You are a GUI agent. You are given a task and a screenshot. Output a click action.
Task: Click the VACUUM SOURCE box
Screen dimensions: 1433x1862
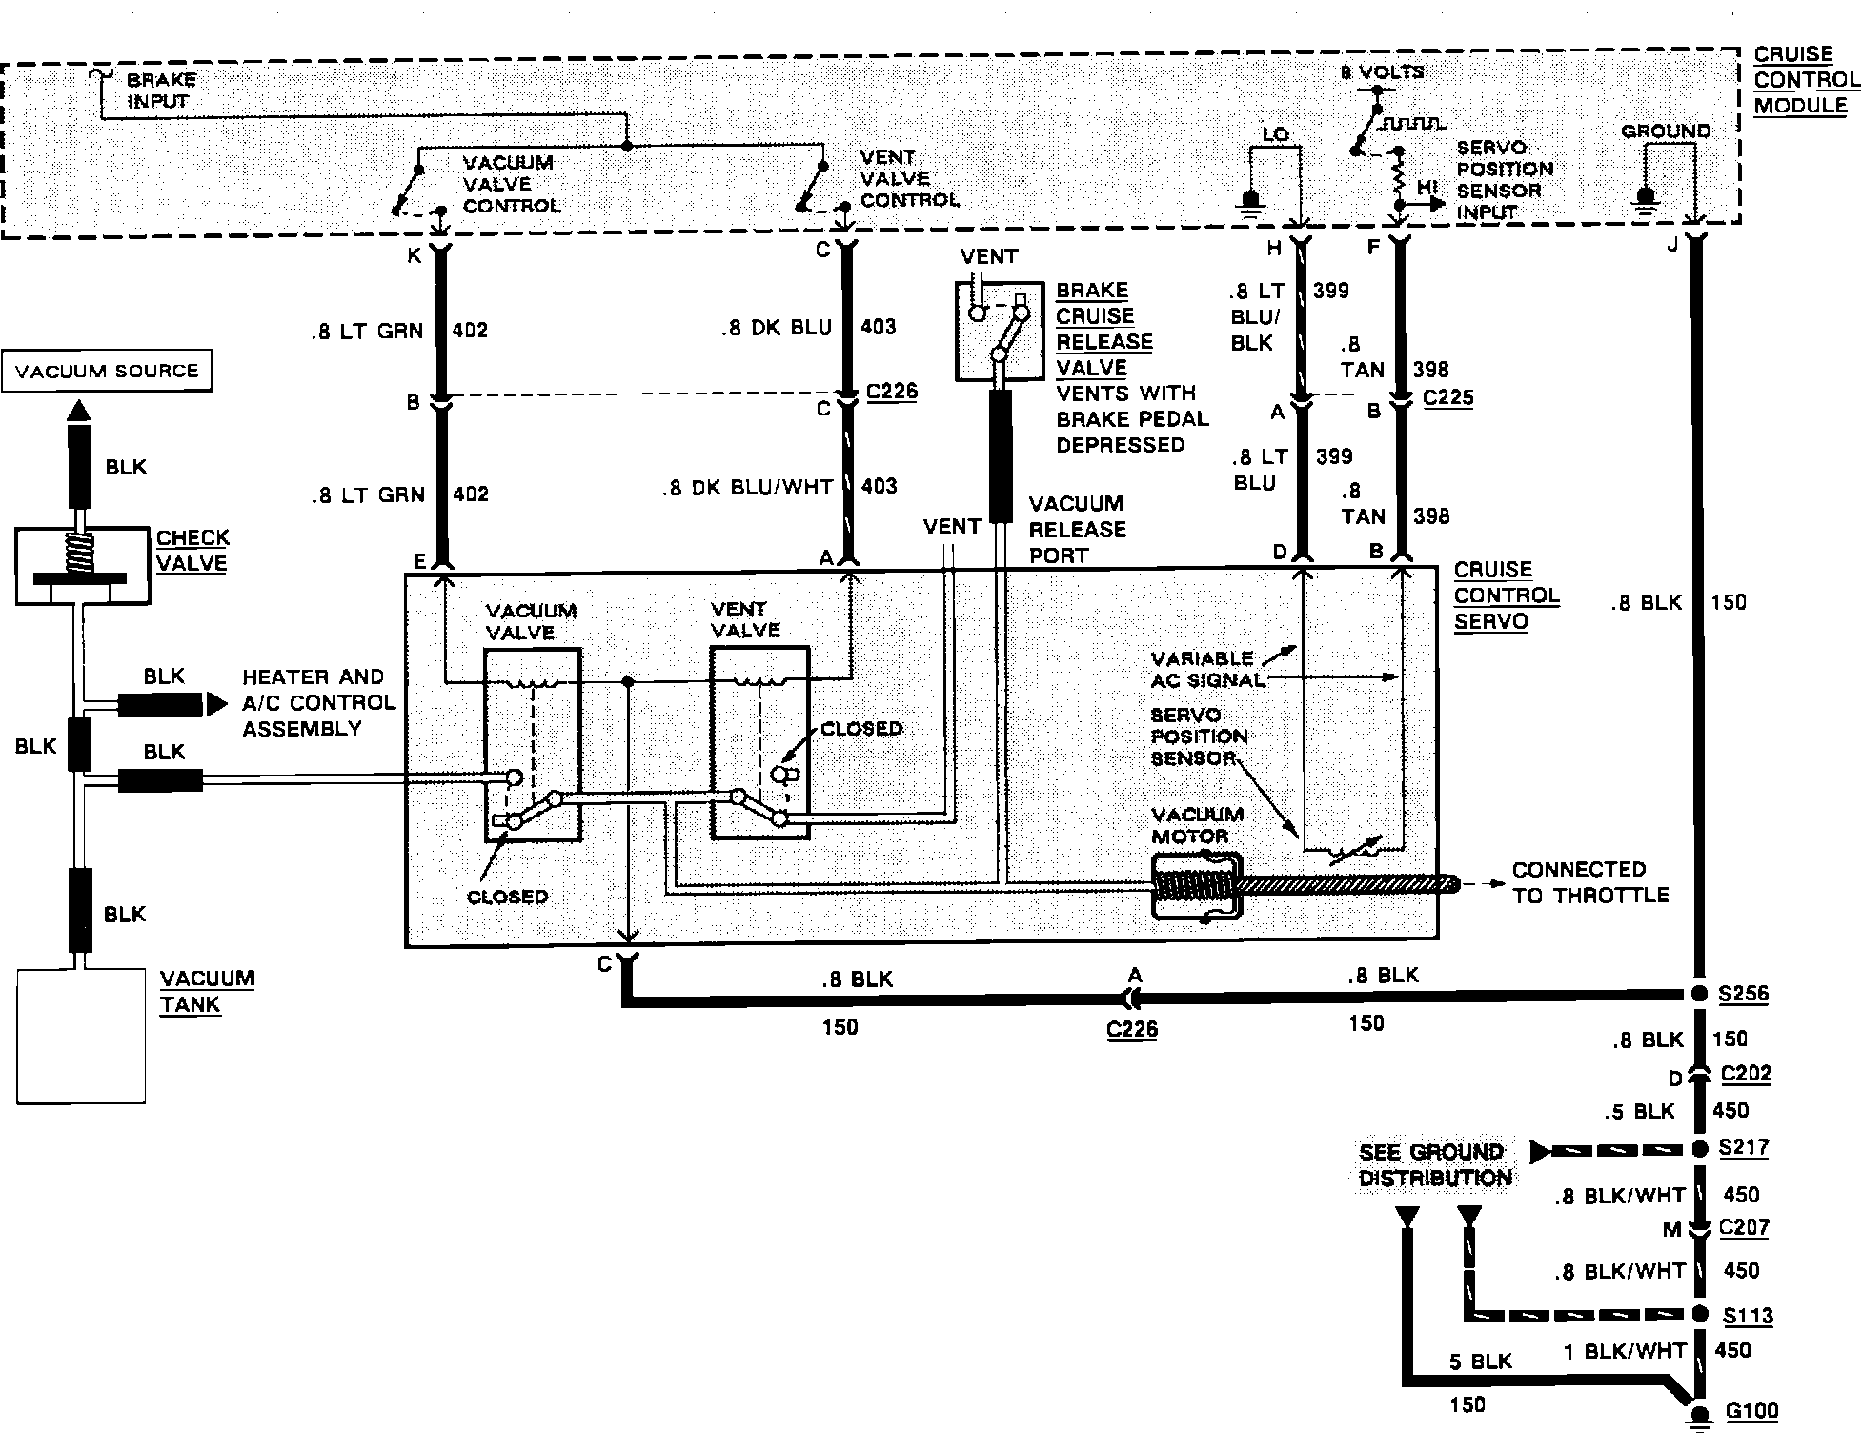[x=107, y=371]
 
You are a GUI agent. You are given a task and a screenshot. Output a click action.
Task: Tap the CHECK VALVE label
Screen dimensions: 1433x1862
[x=192, y=551]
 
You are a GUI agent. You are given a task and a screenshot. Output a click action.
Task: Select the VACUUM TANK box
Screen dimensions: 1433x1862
[x=81, y=1036]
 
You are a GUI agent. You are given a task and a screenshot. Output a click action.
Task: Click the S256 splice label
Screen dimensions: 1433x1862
[x=1743, y=994]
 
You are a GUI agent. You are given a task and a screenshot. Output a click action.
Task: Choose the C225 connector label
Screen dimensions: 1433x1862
[x=1447, y=397]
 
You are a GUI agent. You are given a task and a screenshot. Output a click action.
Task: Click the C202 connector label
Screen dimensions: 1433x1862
[x=1746, y=1074]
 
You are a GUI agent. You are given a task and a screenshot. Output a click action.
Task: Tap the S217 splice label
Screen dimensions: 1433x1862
[x=1744, y=1148]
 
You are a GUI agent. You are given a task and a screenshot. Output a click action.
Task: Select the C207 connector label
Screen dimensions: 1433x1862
[x=1744, y=1228]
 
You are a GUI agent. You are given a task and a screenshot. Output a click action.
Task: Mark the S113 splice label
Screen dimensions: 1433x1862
[x=1748, y=1316]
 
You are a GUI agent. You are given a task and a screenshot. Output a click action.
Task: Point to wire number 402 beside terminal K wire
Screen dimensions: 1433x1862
[x=470, y=331]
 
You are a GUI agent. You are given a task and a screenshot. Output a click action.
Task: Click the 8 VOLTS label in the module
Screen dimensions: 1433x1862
[x=1382, y=72]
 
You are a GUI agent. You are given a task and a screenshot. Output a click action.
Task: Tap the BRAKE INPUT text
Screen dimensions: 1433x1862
[x=161, y=91]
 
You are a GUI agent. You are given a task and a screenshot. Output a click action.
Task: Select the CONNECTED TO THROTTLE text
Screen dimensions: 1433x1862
[x=1590, y=882]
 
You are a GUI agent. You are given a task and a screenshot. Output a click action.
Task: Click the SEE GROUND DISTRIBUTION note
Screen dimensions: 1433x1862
[x=1434, y=1165]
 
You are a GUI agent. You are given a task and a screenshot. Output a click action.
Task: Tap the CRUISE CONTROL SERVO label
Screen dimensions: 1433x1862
[x=1506, y=595]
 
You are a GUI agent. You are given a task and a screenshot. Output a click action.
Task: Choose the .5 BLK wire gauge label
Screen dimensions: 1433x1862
[x=1640, y=1111]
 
